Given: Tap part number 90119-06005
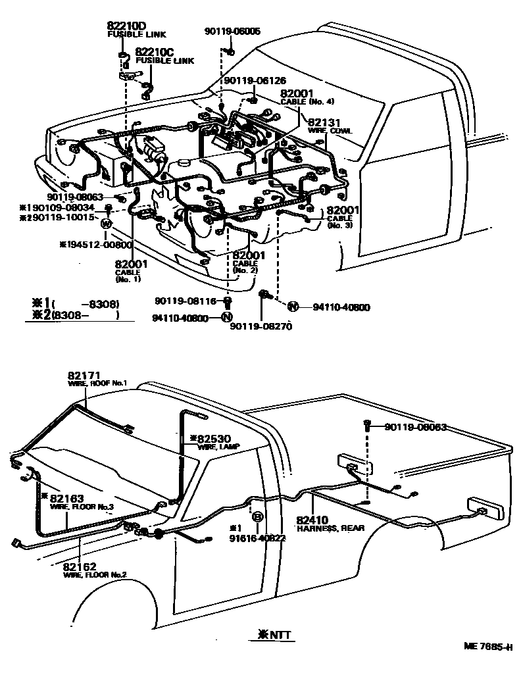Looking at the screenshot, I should (232, 31).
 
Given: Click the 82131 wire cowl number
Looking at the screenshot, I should (324, 122).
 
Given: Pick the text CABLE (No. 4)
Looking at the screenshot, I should (307, 102).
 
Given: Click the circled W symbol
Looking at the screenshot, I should (105, 224).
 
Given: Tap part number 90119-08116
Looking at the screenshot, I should (186, 301).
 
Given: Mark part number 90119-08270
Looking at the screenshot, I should (260, 326).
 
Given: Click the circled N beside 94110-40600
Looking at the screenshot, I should (293, 306).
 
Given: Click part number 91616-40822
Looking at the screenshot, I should (257, 537).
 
